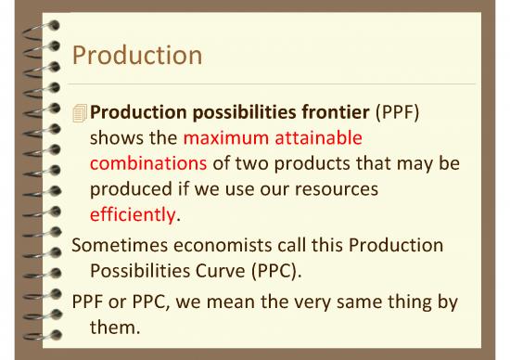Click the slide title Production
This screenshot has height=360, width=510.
136,57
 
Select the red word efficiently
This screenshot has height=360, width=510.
133,212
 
